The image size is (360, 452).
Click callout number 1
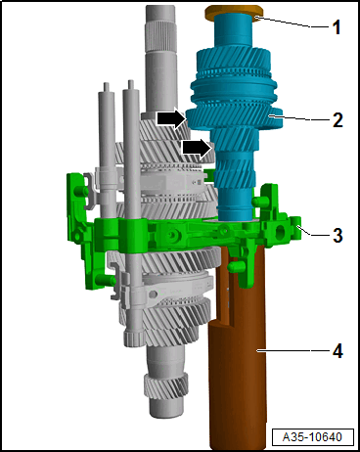click(x=336, y=27)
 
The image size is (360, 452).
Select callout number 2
click(x=336, y=121)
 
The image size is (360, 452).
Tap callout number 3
click(x=336, y=235)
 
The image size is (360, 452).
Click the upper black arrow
click(x=170, y=118)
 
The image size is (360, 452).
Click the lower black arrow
click(x=196, y=149)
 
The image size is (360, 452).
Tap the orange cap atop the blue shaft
click(x=231, y=14)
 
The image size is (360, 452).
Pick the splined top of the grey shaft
click(x=161, y=29)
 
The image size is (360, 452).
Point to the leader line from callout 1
click(x=293, y=23)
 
